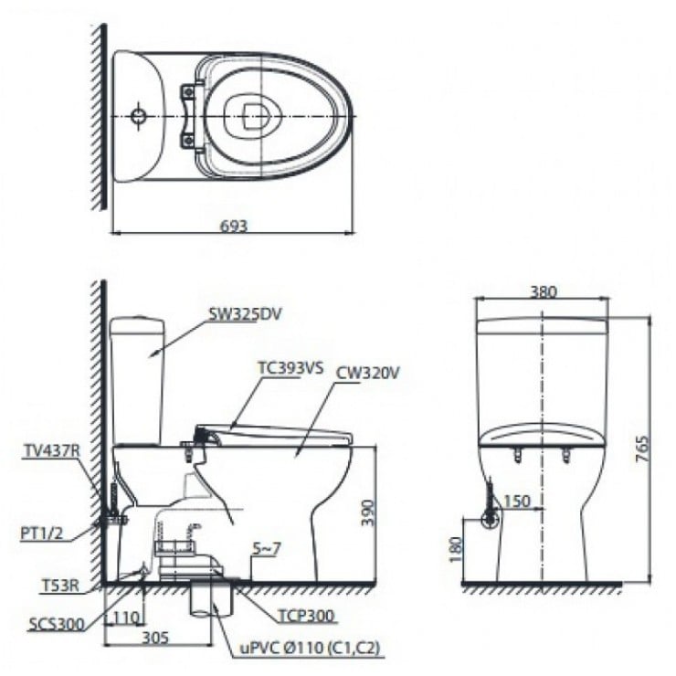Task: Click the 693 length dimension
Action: (234, 226)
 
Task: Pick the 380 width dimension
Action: (543, 292)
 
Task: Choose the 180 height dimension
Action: (457, 549)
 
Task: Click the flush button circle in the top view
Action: (137, 117)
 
